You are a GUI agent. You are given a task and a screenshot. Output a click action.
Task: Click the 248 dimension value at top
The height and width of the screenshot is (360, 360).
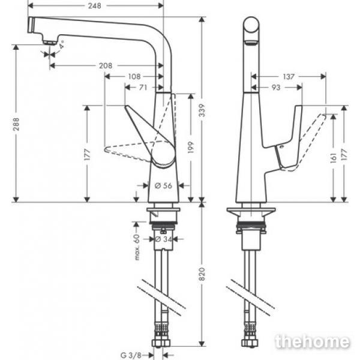(x=94, y=6)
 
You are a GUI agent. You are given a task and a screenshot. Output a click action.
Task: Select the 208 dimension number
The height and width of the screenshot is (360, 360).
(x=106, y=66)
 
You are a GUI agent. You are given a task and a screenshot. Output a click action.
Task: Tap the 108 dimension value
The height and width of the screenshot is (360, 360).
(x=134, y=76)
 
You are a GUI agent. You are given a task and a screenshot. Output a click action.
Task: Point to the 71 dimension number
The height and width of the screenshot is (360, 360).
(x=143, y=88)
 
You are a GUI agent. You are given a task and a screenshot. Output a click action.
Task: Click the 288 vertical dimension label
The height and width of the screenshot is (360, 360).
(x=16, y=124)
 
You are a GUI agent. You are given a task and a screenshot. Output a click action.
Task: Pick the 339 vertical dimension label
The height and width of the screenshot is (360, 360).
(x=202, y=110)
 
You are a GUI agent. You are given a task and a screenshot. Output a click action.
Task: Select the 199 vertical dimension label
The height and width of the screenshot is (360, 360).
(x=191, y=148)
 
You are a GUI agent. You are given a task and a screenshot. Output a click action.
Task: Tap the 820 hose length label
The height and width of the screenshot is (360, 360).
(x=202, y=274)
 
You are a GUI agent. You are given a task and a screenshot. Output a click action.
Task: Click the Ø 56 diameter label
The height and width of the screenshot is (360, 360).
(x=163, y=185)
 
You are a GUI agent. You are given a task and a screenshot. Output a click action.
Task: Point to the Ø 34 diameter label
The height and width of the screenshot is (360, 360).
(x=163, y=239)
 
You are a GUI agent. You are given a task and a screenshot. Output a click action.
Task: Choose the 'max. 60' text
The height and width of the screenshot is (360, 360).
(x=137, y=247)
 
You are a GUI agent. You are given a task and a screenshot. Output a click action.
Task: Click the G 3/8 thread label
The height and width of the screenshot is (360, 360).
(x=131, y=355)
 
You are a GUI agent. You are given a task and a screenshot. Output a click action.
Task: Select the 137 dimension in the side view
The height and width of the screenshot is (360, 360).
(x=289, y=76)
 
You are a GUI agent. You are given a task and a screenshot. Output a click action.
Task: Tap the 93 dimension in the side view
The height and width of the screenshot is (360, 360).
(x=276, y=88)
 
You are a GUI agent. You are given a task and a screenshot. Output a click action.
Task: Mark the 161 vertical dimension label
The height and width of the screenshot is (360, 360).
(x=333, y=158)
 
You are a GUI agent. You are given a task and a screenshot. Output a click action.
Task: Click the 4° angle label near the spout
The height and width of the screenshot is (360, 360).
(x=62, y=44)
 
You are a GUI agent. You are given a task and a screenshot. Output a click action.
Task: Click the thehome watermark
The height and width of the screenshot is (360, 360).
(x=312, y=341)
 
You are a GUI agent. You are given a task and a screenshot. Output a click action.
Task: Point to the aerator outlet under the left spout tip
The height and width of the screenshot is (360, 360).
(x=50, y=43)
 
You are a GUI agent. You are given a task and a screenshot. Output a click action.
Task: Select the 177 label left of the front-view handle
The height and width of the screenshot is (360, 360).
(x=87, y=154)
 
